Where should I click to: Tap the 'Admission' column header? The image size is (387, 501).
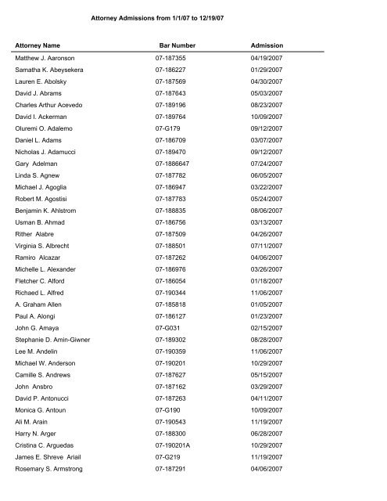point(267,45)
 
